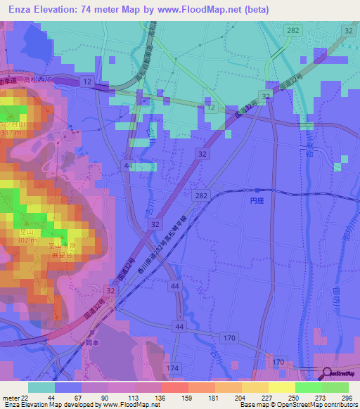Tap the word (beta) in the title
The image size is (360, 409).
[304, 8]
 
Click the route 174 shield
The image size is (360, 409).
[173, 368]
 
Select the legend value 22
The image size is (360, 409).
[26, 397]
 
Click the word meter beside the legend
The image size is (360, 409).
[10, 397]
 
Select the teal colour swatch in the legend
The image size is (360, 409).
[41, 387]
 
